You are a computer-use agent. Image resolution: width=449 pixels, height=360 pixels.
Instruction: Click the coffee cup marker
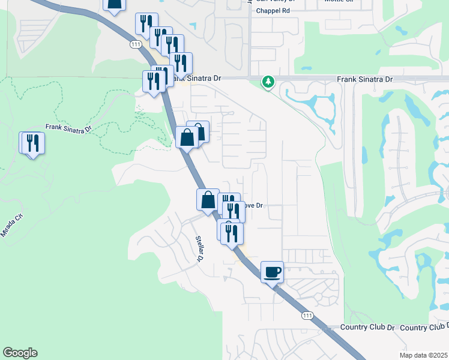coord(272,272)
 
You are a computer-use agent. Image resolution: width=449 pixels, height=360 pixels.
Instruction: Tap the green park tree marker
coord(268,82)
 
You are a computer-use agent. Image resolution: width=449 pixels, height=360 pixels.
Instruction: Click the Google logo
coord(20,353)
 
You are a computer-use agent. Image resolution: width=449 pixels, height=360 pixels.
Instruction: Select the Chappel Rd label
coord(273,11)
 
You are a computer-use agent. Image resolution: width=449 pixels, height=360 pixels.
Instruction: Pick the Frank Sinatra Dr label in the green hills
coord(68,128)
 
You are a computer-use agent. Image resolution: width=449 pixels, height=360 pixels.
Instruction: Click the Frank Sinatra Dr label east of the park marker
coord(364,79)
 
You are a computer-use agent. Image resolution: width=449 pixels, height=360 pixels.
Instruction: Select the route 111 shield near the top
coord(136,44)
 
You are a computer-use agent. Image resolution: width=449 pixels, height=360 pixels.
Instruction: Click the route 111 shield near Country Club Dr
coord(307,316)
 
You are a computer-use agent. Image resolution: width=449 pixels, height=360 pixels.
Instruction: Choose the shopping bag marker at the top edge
coord(114,5)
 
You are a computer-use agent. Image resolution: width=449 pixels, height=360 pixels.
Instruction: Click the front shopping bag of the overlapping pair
coord(187,137)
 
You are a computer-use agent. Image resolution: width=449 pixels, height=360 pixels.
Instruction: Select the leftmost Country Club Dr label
coord(367,328)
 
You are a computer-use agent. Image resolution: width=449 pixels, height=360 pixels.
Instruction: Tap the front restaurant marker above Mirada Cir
coord(34,143)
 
